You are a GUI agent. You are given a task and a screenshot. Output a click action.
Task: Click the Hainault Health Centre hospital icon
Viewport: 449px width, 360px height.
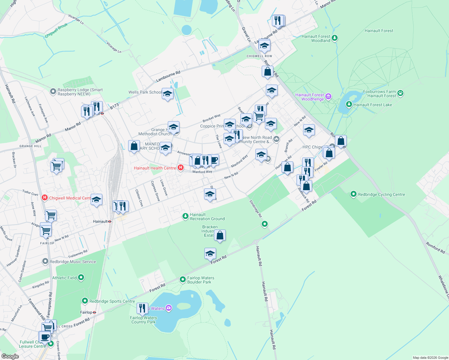[x=181, y=168]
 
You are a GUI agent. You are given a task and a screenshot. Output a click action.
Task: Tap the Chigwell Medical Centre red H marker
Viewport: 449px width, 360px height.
[x=45, y=198]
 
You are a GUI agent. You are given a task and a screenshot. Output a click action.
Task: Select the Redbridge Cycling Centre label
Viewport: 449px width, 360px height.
[x=381, y=194]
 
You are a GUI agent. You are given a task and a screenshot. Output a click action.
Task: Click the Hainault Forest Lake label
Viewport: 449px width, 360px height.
[x=372, y=105]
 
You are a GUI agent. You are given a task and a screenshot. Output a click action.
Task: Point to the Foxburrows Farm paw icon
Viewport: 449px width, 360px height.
[x=400, y=93]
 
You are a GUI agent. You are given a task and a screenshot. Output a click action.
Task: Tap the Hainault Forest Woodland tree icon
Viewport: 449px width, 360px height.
[x=335, y=38]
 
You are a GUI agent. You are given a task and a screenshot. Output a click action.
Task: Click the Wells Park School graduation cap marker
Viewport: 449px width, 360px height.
[x=167, y=94]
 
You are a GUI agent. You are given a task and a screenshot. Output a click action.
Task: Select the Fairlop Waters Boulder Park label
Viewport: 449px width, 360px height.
[x=200, y=280]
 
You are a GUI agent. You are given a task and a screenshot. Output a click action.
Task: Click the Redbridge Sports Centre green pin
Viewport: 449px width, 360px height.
[x=85, y=301]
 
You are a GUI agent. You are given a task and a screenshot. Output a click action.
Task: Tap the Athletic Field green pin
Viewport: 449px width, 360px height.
[x=81, y=278]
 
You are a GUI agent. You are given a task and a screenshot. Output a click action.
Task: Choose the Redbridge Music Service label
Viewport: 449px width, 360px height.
[x=73, y=262]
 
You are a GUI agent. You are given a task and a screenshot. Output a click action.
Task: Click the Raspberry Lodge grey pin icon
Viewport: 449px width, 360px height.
[x=53, y=91]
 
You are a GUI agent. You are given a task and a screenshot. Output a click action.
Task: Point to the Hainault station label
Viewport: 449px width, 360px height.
[x=100, y=221]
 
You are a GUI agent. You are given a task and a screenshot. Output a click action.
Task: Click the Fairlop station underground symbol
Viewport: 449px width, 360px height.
[x=94, y=312]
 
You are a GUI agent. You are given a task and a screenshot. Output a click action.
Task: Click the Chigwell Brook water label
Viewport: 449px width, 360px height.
[x=56, y=31]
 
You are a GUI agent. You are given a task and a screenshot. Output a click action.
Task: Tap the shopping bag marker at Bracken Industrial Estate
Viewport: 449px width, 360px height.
[x=220, y=235]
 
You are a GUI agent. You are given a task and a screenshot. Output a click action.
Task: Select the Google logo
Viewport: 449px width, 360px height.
[x=10, y=356]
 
